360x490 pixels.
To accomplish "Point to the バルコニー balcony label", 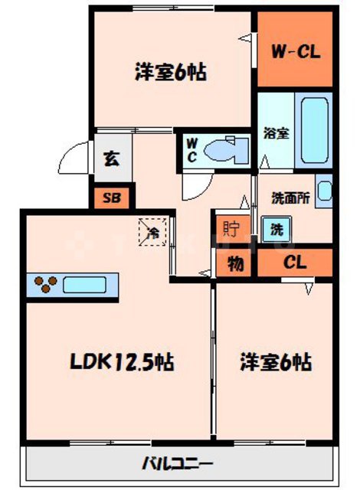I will (x=181, y=462).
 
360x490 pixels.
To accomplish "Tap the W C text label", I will (x=191, y=147).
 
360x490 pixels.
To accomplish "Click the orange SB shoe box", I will (x=112, y=198).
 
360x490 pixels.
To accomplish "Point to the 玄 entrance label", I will (x=112, y=160).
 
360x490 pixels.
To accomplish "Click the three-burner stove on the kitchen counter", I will (x=44, y=286).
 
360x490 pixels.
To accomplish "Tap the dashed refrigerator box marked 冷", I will (x=152, y=231).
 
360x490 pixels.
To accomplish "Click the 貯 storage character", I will (x=230, y=227).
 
